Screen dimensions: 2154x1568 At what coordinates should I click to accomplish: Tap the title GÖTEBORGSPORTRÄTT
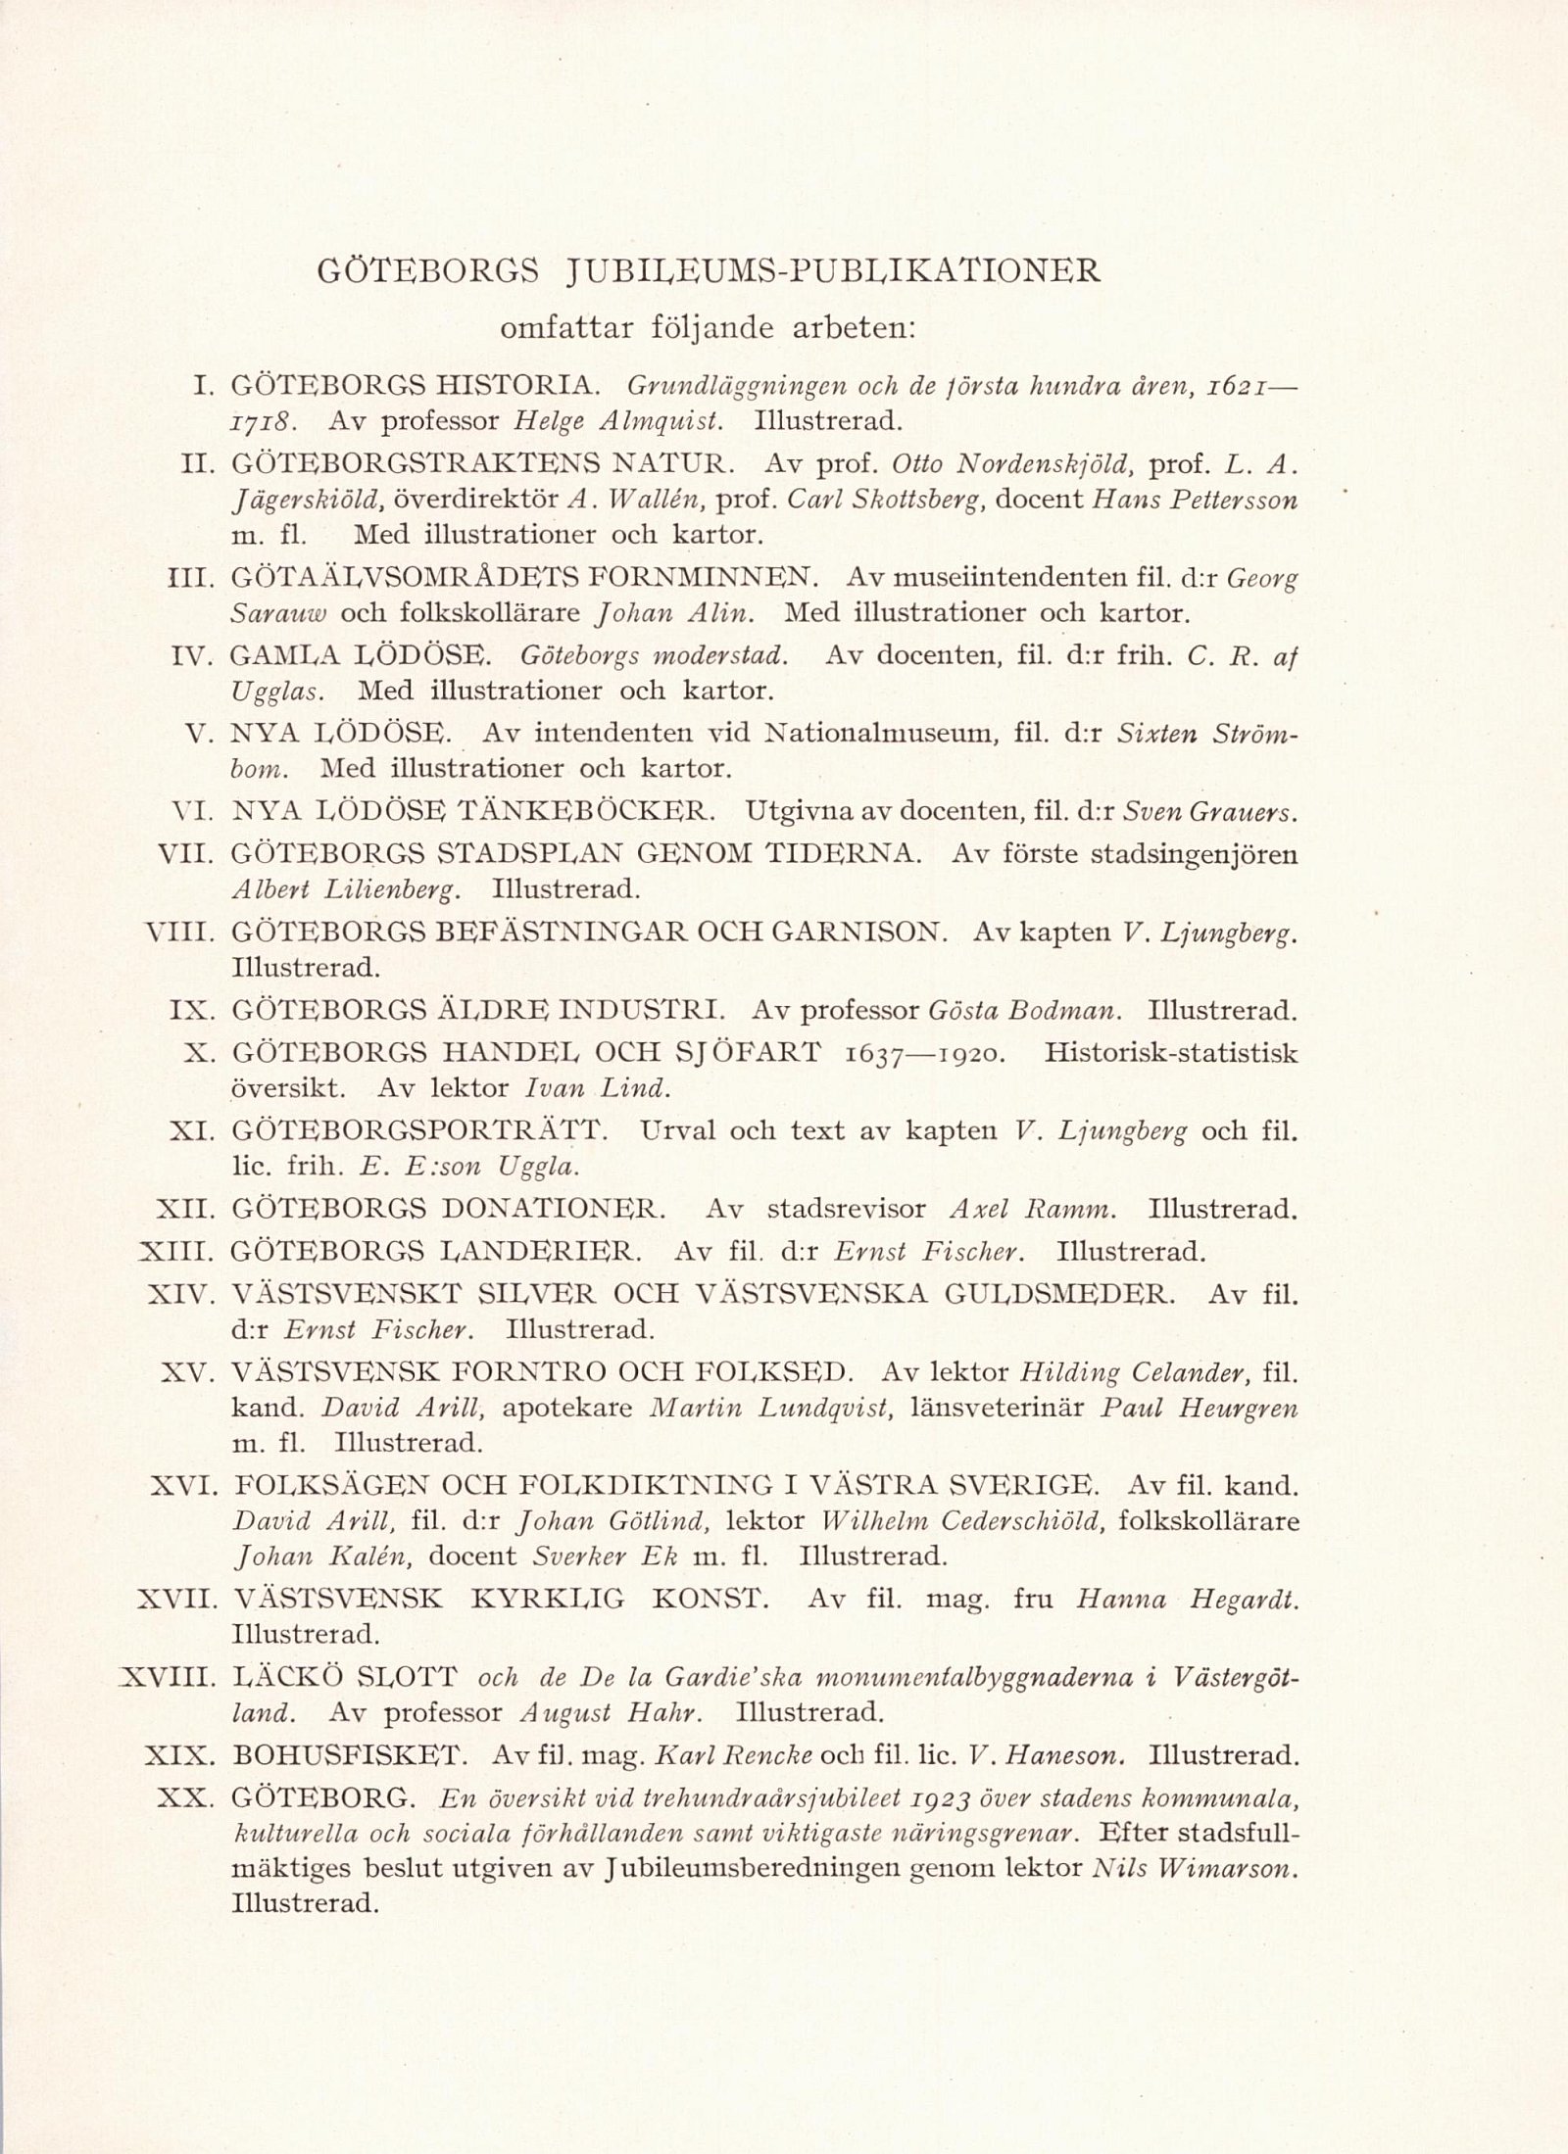(421, 1131)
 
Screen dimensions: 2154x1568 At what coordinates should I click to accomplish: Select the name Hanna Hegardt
(1188, 1600)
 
